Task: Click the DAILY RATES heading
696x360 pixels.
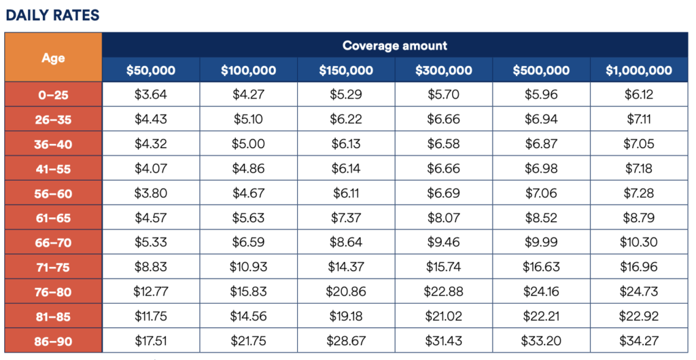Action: (52, 15)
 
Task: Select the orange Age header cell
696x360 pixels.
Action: (53, 57)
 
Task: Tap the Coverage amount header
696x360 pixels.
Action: (395, 46)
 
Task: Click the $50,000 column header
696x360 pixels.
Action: (151, 70)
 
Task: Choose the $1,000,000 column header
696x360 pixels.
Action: (639, 70)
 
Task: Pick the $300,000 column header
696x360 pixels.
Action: (443, 70)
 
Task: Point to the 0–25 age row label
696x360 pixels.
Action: (53, 94)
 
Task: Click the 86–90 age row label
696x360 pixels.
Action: (53, 342)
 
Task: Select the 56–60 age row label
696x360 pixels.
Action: (53, 194)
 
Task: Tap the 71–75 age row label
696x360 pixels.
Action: (53, 268)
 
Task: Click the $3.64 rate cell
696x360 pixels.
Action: (151, 94)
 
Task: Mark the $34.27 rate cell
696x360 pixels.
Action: (639, 341)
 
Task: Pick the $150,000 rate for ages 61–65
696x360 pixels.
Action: (346, 217)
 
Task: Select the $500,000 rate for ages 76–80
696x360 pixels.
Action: (541, 291)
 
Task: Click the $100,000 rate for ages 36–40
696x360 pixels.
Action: (248, 143)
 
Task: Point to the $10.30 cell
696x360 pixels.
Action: (639, 242)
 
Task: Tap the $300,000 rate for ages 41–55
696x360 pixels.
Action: (443, 168)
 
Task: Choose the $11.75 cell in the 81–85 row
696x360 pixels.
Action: (151, 316)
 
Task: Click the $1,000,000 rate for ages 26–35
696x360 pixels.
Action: (639, 119)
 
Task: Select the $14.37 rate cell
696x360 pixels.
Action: (346, 267)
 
